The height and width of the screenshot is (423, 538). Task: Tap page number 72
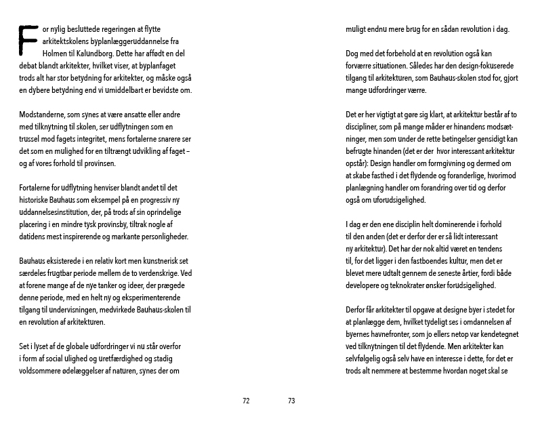246,401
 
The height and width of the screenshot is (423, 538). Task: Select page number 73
291,401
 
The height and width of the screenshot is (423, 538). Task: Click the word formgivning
459,163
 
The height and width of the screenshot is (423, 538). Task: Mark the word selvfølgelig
367,359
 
